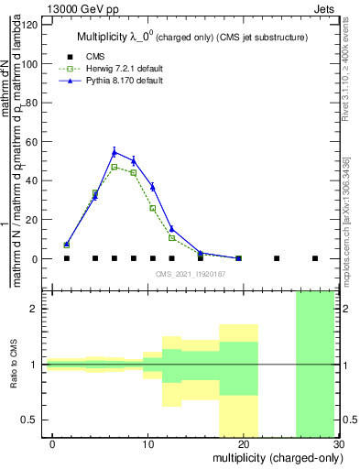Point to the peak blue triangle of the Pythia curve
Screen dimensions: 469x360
115,152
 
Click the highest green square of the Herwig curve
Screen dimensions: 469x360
115,167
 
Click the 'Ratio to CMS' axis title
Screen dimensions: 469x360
14,365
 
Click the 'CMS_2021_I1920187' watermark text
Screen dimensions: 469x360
190,274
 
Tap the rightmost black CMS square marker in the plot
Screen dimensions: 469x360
315,258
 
